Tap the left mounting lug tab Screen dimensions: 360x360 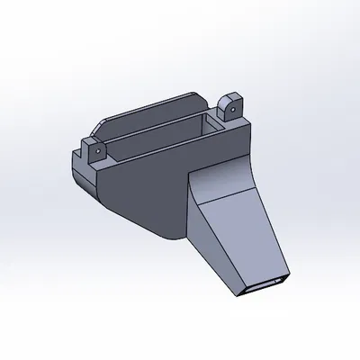point(94,150)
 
